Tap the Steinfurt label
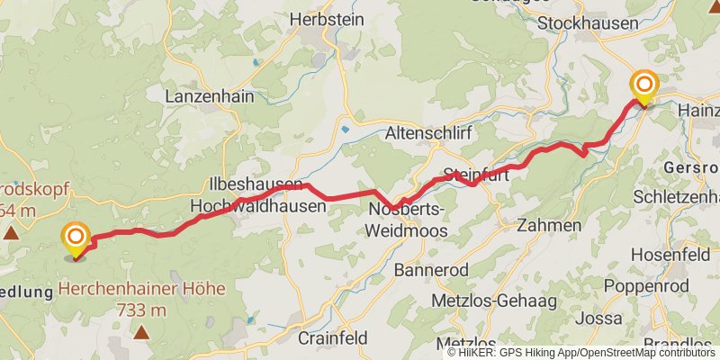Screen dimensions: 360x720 tap(476, 175)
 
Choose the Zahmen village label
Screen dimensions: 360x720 tap(549, 225)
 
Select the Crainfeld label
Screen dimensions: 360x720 tap(332, 338)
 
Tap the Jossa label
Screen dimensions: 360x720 tap(598, 319)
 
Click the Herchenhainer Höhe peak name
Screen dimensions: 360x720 tap(142, 290)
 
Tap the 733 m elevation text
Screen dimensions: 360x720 tap(142, 310)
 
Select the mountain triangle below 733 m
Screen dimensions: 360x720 tap(142, 332)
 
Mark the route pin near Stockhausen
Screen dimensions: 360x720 tap(645, 86)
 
